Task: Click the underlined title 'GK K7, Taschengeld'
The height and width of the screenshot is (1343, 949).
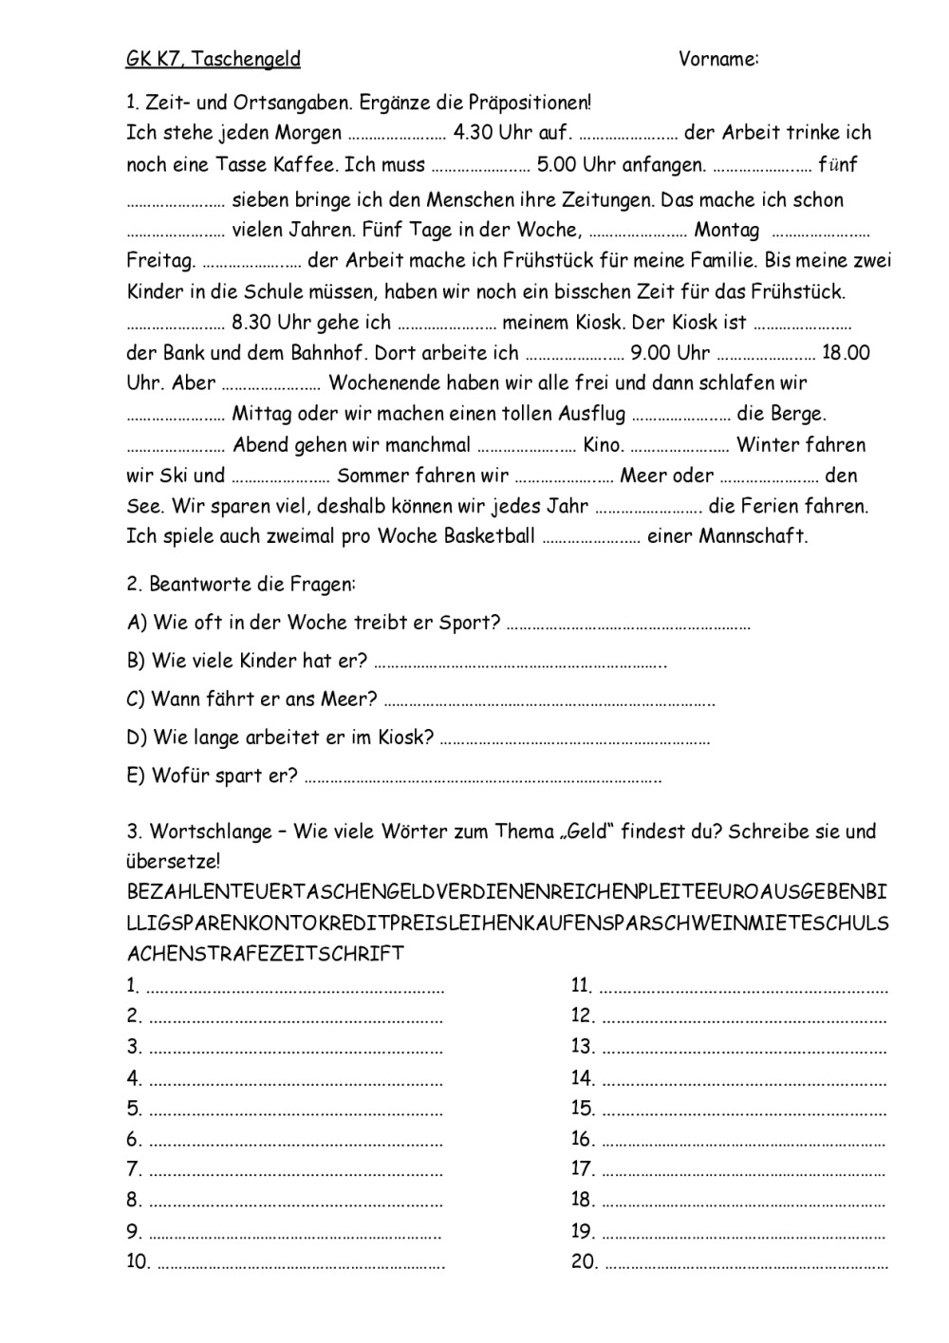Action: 214,59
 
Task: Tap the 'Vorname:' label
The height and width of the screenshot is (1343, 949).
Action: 718,59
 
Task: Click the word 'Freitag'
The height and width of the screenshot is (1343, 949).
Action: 158,260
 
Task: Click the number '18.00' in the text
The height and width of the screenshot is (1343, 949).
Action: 846,353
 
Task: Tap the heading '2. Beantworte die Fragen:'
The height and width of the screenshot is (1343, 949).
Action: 241,585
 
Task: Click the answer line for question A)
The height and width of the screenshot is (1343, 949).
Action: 628,625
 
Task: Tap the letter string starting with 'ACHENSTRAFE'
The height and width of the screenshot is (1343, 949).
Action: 266,953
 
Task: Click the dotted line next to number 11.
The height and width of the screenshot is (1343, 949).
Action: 744,988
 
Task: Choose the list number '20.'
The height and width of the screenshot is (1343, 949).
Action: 584,1262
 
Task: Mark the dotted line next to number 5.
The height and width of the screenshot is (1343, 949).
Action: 296,1110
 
